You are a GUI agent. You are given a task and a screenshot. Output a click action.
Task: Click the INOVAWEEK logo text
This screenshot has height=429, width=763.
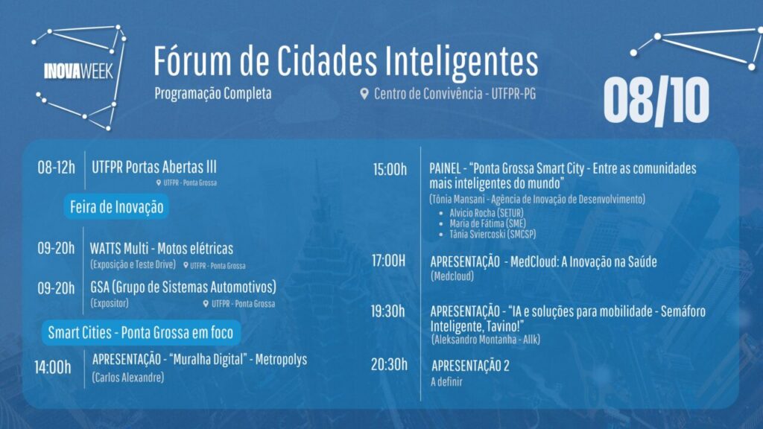coord(78,71)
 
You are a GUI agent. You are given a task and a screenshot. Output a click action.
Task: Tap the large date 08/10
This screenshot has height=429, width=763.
coord(656,101)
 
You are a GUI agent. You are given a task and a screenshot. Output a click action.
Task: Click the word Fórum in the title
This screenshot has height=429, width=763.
coord(192,61)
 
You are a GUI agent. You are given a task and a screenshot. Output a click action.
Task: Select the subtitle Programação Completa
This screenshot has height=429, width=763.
coord(212,93)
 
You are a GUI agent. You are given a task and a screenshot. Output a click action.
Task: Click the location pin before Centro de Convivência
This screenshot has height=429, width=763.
coord(364,93)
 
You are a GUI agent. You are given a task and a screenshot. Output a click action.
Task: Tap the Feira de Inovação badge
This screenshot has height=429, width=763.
coord(116,207)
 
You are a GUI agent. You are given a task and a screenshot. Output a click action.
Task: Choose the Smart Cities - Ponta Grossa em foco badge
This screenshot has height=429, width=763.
coord(141,333)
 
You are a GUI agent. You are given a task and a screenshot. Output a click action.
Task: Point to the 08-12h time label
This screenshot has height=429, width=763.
coord(57,168)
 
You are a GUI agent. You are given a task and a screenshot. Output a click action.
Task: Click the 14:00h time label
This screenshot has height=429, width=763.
coord(53,367)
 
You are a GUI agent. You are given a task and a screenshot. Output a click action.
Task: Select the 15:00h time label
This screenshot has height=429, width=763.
coord(390,169)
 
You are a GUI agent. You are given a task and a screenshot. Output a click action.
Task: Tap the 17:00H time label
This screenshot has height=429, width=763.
coord(388,261)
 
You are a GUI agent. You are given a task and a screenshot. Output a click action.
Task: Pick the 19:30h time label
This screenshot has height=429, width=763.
coord(387,311)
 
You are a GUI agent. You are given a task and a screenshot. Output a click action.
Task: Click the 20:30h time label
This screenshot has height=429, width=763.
coord(389,364)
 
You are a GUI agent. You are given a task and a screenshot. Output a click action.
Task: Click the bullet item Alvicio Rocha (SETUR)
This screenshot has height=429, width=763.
coord(486,213)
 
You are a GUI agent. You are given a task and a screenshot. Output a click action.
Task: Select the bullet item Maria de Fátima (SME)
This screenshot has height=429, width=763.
coord(487,223)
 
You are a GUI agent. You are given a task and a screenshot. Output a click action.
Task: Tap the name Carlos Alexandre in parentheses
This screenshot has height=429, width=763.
coord(128,378)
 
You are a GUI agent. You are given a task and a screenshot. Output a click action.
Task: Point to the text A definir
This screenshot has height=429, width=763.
coord(446,382)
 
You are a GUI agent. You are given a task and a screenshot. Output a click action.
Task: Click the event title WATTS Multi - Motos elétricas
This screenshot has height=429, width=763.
coord(162,249)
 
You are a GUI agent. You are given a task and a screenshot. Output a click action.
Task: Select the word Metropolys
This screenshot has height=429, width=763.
coord(281,360)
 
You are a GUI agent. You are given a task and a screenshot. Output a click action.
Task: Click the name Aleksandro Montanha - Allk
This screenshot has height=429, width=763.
coord(486,340)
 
